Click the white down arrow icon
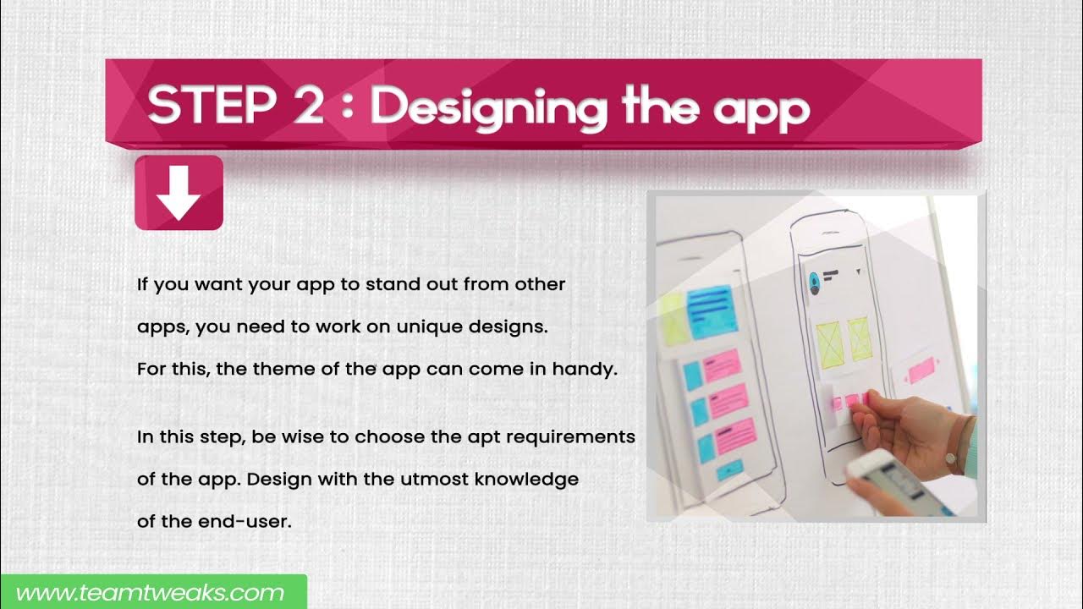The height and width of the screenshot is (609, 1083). [179, 193]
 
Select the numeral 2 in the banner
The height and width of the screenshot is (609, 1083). [305, 107]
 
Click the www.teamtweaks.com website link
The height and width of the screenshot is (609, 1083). [151, 593]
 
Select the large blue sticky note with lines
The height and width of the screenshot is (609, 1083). [712, 310]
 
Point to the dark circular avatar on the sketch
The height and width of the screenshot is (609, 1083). [815, 282]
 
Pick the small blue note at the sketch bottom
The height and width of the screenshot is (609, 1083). [729, 470]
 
